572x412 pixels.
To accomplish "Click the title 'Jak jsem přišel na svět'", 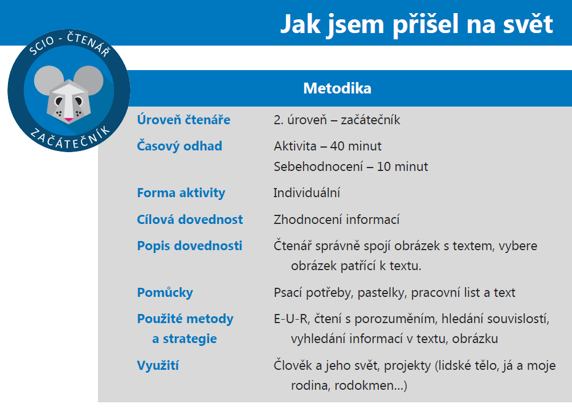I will [416, 23].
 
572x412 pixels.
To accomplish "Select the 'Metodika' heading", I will [337, 88].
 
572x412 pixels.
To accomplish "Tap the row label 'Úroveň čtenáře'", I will [183, 120].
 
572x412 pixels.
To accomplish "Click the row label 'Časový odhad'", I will [179, 146].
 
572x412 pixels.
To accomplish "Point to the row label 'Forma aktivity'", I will [181, 193].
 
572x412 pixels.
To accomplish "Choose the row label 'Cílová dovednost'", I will [190, 219].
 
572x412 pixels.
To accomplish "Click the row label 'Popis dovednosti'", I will [189, 246].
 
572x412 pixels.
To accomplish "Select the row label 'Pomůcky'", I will [165, 292].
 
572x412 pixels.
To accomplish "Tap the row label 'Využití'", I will [158, 365].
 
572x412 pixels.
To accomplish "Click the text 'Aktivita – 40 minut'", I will [328, 146].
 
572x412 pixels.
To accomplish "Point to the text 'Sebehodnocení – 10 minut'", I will [350, 167].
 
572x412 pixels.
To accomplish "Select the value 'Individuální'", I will [307, 193].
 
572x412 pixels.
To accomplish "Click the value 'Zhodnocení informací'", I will [336, 219].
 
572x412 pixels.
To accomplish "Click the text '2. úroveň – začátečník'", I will [337, 120].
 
